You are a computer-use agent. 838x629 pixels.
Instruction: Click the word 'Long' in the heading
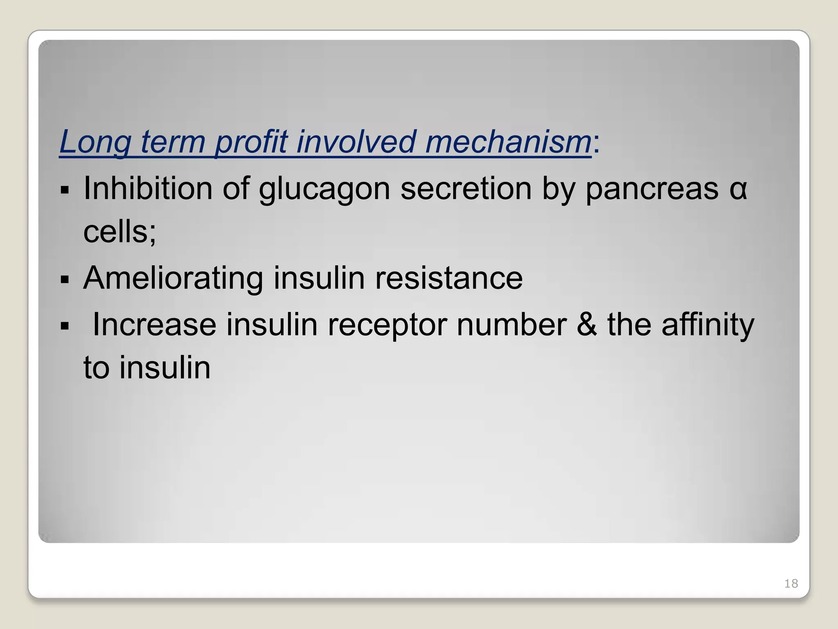click(x=95, y=142)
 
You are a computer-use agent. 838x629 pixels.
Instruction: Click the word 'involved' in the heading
click(x=356, y=142)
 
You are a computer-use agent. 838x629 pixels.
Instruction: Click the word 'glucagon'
click(x=324, y=190)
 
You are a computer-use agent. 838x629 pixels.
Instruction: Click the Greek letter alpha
click(x=738, y=190)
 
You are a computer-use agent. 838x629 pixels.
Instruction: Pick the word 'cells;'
click(x=119, y=231)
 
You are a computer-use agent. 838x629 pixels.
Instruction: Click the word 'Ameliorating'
click(x=173, y=278)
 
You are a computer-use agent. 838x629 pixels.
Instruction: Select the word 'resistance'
click(x=449, y=278)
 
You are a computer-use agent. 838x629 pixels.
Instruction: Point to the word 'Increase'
click(x=154, y=324)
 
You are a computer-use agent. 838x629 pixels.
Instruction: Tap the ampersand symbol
click(x=586, y=324)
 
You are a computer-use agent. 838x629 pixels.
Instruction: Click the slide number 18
click(x=791, y=584)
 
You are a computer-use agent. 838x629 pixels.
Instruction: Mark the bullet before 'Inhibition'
click(x=65, y=190)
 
